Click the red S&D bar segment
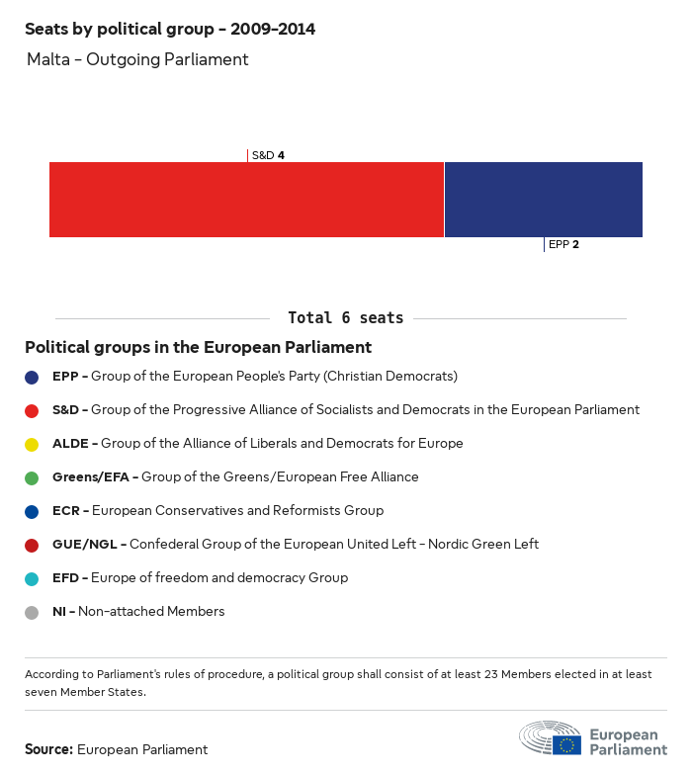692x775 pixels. tap(246, 200)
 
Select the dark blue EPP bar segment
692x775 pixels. tap(544, 200)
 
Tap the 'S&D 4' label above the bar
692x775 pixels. tap(268, 155)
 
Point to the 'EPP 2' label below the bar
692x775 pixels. tap(563, 244)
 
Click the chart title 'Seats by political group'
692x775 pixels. tap(170, 29)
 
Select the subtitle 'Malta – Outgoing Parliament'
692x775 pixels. tap(137, 59)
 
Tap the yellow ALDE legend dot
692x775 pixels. tap(32, 444)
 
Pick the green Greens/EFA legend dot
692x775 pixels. tap(32, 477)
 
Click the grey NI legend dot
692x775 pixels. tap(32, 612)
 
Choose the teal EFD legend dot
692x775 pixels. tap(32, 578)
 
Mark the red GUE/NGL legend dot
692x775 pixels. tap(32, 545)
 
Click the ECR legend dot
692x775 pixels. tap(32, 511)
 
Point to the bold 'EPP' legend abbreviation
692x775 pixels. tap(65, 377)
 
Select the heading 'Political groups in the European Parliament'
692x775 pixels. tap(198, 348)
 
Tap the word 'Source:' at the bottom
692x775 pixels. tap(48, 749)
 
